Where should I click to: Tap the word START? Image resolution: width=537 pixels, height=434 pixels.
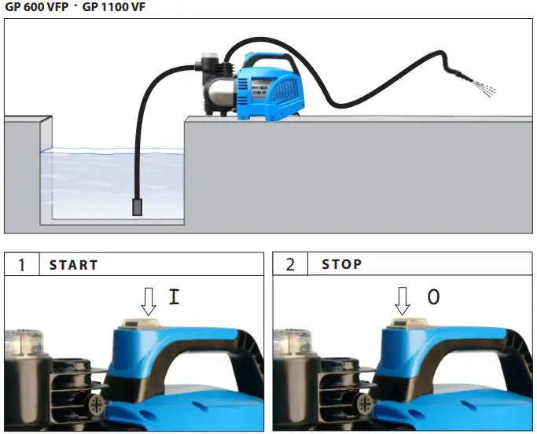coord(74,265)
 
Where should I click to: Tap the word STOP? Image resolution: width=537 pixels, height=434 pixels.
coord(341,265)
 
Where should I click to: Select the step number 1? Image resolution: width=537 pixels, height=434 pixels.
coord(21,265)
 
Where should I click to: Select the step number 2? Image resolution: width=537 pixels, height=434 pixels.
coord(290,265)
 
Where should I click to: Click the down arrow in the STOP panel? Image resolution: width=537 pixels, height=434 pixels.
coord(403,300)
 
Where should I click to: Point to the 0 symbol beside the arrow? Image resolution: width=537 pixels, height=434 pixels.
coord(433,297)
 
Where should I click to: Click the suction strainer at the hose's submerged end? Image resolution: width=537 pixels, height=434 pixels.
coord(137,208)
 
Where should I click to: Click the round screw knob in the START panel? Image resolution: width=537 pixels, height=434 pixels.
coord(97,404)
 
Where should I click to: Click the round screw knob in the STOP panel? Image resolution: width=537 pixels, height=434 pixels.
coord(365,404)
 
